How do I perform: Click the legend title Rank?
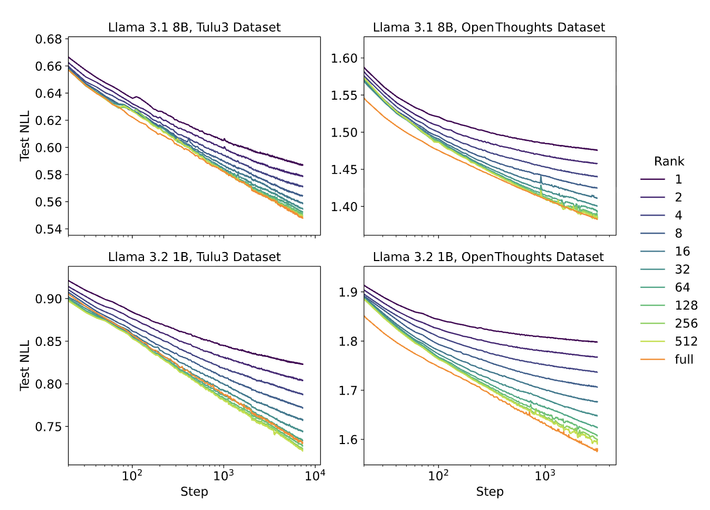[669, 161]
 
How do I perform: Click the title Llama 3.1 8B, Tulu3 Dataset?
[194, 27]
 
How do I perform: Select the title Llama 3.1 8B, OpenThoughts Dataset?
[489, 27]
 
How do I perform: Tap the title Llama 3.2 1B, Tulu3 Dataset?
[194, 257]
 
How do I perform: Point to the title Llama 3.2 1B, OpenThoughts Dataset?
[488, 257]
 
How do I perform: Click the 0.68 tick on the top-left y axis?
[49, 40]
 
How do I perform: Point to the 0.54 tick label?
[49, 229]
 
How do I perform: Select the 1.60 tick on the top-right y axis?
[344, 59]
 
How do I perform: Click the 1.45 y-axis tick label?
[344, 170]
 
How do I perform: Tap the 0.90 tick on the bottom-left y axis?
[49, 299]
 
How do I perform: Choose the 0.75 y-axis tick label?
[49, 427]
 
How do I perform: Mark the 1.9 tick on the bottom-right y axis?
[349, 292]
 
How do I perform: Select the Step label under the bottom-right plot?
[490, 492]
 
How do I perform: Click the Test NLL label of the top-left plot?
[25, 136]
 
